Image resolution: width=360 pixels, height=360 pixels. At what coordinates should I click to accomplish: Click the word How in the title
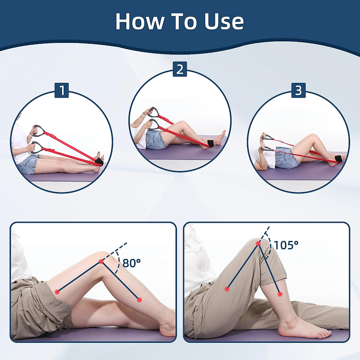click(x=140, y=21)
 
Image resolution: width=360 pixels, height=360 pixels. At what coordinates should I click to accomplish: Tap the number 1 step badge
click(x=61, y=90)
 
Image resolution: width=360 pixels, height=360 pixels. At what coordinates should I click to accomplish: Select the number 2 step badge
click(x=180, y=69)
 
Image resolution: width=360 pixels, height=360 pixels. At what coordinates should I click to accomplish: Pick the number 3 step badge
click(x=298, y=90)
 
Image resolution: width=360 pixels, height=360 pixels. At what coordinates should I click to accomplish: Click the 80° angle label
click(x=131, y=263)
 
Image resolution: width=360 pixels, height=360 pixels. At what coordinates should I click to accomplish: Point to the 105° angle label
click(x=286, y=245)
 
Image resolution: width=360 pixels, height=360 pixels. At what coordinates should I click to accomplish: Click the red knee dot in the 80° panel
click(x=101, y=262)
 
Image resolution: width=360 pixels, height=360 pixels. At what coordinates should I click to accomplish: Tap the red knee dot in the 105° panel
click(x=258, y=244)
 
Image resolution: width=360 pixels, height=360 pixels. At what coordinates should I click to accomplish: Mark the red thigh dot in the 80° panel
click(x=57, y=292)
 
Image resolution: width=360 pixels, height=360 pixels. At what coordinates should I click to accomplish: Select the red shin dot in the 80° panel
click(x=139, y=299)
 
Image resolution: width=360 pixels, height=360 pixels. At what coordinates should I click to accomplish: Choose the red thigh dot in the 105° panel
click(x=227, y=289)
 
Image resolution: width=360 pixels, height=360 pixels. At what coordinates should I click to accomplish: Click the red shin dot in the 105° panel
click(x=280, y=294)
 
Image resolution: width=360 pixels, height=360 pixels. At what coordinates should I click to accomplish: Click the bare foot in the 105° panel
click(x=303, y=330)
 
